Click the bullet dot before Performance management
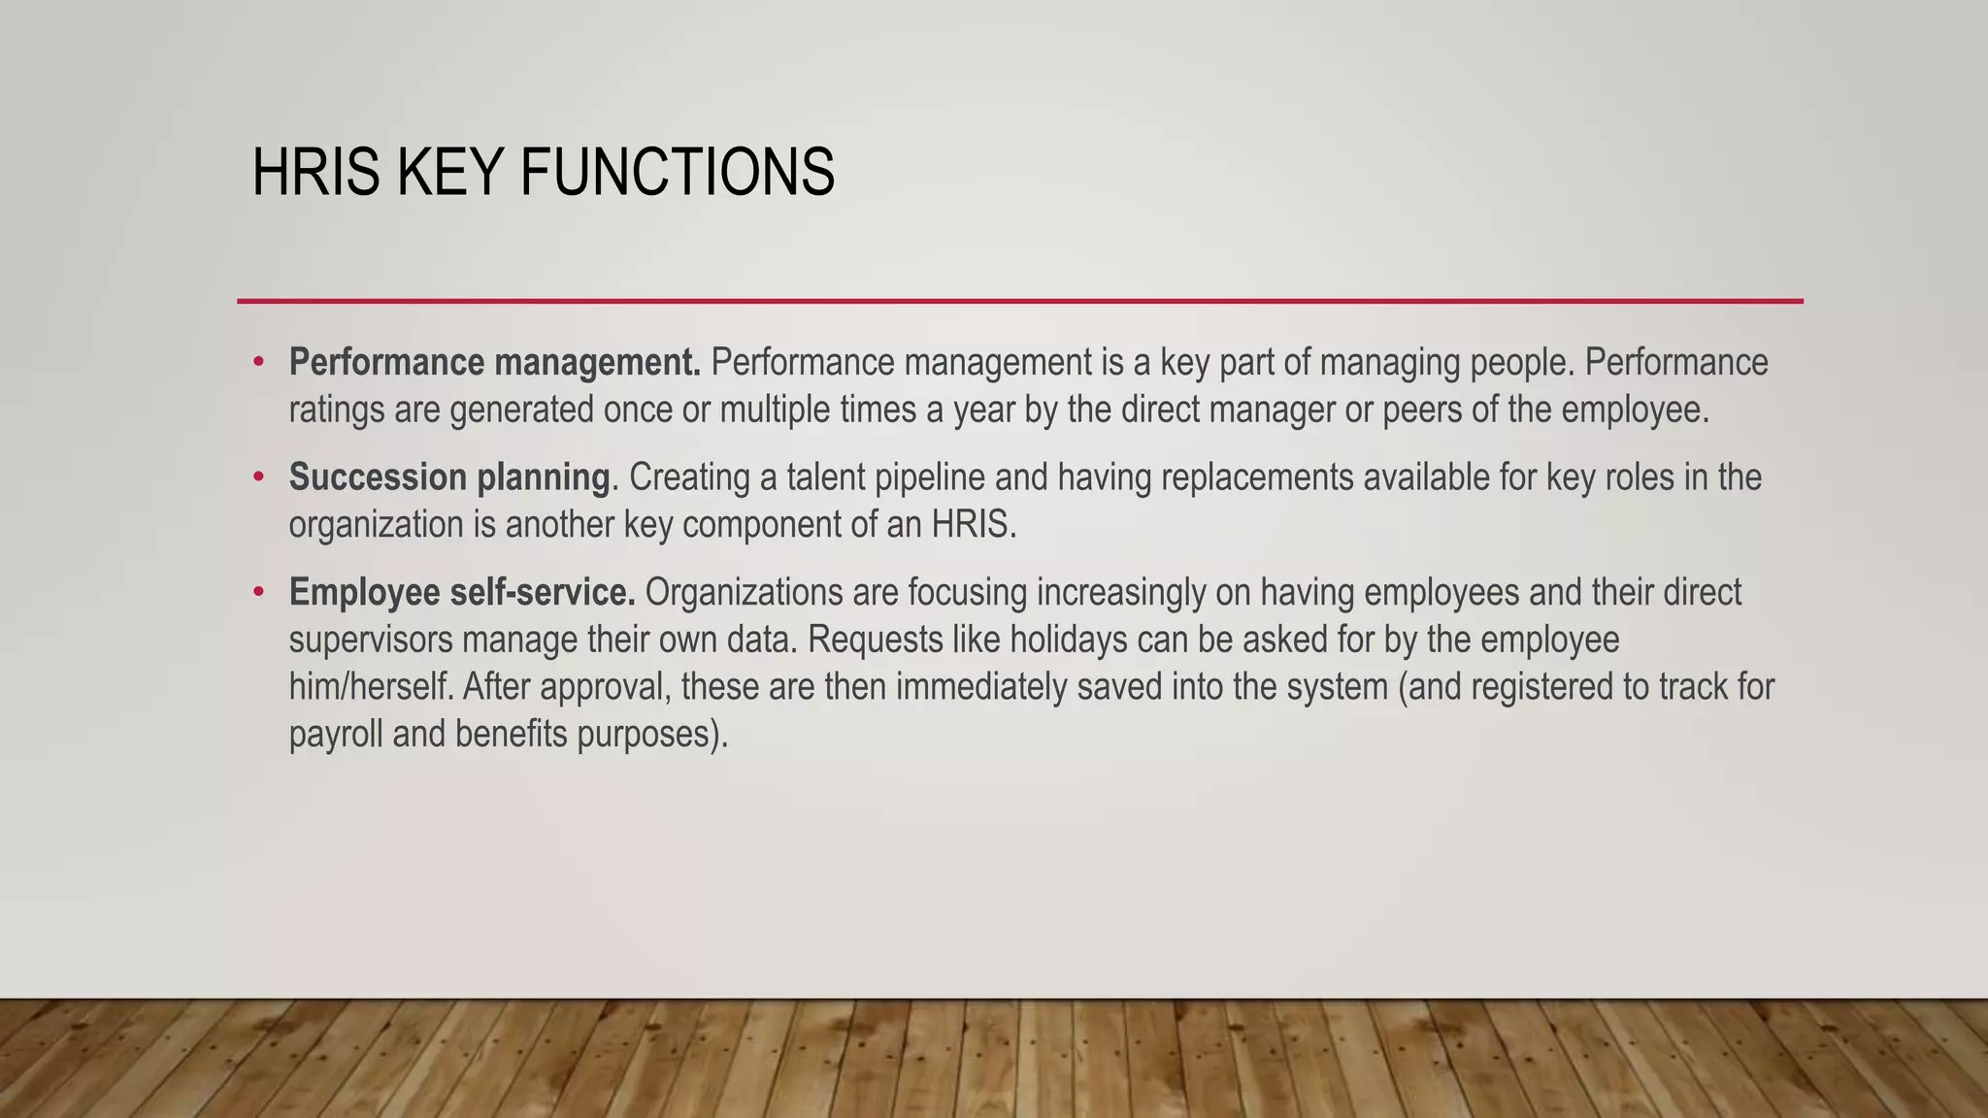click(x=258, y=363)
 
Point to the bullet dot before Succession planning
click(x=258, y=477)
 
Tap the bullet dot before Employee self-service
click(x=258, y=592)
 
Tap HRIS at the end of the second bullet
click(x=973, y=525)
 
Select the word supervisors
click(x=371, y=640)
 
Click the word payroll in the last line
click(x=336, y=735)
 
